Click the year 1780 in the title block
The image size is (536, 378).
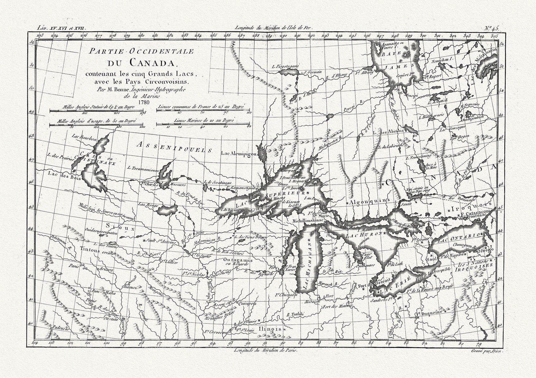(x=144, y=102)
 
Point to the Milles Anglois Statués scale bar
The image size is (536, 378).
(x=98, y=111)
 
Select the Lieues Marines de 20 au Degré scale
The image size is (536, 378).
(x=204, y=125)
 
